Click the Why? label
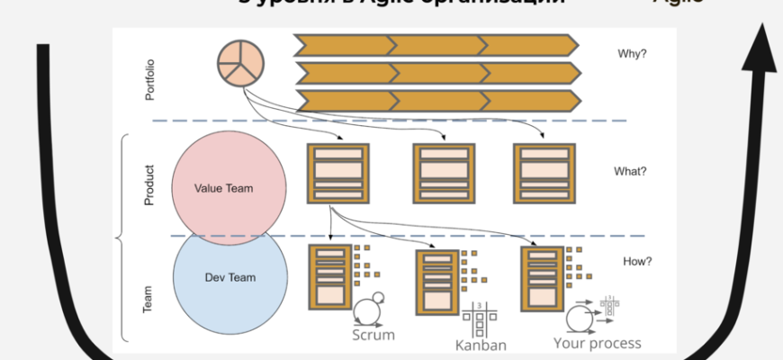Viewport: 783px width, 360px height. [x=632, y=53]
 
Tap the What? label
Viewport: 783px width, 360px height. [x=630, y=172]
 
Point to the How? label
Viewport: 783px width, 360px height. [x=637, y=262]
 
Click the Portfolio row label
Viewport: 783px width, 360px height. [x=150, y=78]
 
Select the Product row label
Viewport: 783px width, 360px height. [x=149, y=184]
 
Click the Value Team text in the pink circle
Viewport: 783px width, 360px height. [x=223, y=189]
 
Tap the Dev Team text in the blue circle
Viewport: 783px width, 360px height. [x=229, y=277]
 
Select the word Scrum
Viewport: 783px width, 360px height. [x=373, y=336]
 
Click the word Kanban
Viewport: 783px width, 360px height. [x=481, y=345]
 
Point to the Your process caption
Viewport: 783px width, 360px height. [x=597, y=343]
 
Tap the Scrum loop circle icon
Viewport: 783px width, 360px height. [x=367, y=311]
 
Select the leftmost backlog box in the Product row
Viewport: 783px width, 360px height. [x=337, y=173]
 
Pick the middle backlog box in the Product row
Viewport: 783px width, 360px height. [x=444, y=173]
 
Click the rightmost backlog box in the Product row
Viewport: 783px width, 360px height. [x=544, y=173]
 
